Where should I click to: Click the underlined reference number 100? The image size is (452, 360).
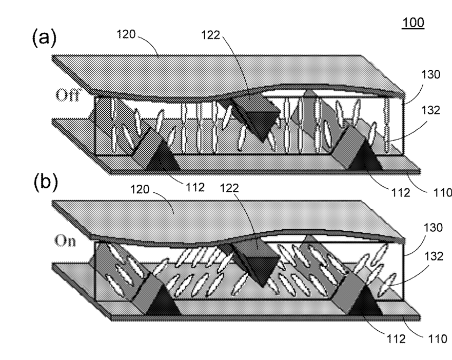click(413, 23)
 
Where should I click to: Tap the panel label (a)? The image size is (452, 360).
click(44, 38)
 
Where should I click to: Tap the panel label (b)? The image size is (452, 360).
click(46, 183)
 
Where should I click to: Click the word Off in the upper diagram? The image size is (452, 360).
click(67, 95)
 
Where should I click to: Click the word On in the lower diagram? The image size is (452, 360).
click(66, 241)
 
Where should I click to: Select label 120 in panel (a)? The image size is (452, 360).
click(126, 34)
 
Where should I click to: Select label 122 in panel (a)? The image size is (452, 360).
click(211, 35)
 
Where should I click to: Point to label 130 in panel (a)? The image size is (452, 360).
click(430, 75)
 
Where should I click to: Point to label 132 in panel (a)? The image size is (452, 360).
click(430, 110)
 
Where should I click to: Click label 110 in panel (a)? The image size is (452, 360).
click(443, 192)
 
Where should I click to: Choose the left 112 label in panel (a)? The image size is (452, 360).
click(195, 187)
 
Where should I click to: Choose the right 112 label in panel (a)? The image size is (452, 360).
click(401, 192)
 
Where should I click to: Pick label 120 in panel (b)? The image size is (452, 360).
click(140, 189)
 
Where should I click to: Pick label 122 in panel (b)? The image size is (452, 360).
click(229, 188)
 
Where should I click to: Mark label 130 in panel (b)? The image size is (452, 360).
click(433, 228)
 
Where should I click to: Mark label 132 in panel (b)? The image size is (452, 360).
click(434, 256)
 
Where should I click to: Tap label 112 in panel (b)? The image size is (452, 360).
click(396, 339)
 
